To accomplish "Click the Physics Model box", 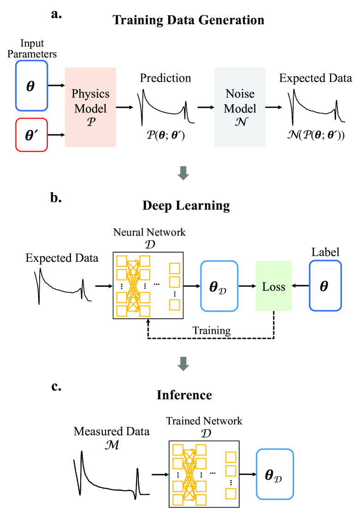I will [90, 107].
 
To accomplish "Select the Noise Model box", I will [240, 107].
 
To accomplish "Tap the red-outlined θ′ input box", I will [31, 135].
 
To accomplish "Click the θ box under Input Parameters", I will [31, 86].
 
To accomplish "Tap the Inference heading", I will [184, 395].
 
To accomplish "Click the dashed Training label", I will [212, 331].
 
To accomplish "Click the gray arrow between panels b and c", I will [184, 364].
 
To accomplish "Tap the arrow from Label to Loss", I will [300, 287].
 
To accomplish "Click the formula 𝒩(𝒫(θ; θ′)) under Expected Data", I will [315, 137].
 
